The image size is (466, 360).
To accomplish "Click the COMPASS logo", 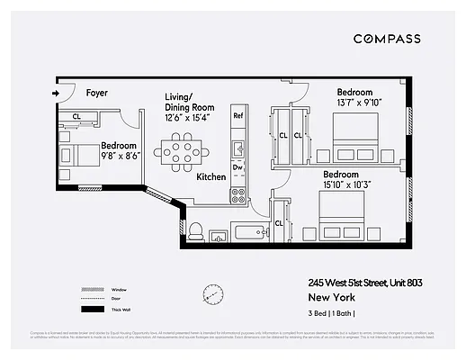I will [x=386, y=39].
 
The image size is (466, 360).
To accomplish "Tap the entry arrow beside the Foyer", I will [x=56, y=93].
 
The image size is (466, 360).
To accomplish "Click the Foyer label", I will [x=97, y=93].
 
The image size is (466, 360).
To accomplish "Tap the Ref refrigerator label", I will [x=238, y=116].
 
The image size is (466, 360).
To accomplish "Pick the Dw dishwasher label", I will [x=238, y=167].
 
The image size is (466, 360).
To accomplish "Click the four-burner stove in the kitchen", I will [x=238, y=193].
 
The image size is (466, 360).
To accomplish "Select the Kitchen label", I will [x=211, y=177].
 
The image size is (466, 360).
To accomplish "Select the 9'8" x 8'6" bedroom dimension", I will [x=119, y=156].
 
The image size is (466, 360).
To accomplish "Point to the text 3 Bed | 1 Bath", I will [x=332, y=312].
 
